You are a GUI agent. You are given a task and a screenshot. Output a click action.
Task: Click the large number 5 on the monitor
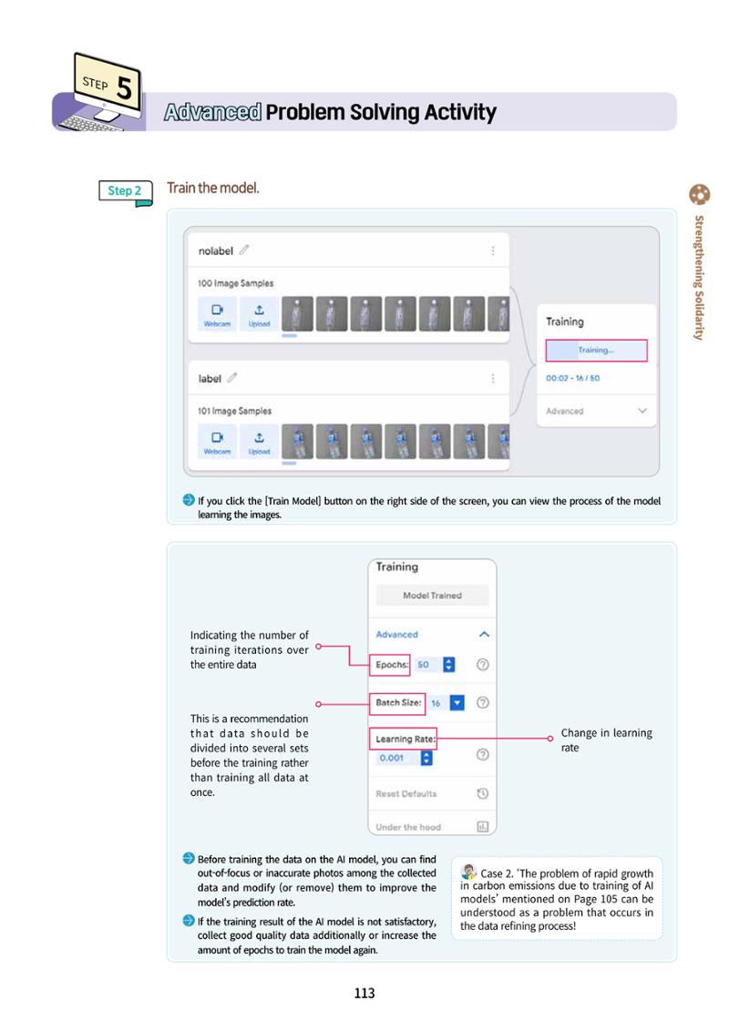[x=124, y=87]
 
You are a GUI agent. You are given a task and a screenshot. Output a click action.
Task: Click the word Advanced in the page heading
[x=212, y=112]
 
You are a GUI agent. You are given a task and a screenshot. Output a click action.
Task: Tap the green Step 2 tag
[x=125, y=191]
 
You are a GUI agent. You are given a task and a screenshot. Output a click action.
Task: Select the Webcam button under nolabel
[x=217, y=313]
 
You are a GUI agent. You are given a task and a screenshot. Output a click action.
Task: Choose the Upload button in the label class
[x=259, y=441]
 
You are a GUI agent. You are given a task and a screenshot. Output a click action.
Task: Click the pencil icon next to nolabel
[x=244, y=250]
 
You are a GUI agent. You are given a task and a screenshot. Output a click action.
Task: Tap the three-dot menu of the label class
[x=493, y=379]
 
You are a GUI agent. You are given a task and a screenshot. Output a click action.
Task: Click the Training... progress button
[x=596, y=351]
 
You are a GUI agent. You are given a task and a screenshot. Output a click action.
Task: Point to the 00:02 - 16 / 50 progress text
[x=572, y=378]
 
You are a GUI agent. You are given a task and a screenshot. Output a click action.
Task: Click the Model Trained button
[x=432, y=595]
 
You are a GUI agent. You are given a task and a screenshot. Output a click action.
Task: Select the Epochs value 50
[x=423, y=665]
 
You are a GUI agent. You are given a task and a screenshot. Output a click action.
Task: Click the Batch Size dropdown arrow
[x=457, y=703]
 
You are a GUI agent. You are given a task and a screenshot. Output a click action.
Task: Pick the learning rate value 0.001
[x=392, y=758]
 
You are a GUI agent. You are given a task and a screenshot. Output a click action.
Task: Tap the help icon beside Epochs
[x=482, y=665]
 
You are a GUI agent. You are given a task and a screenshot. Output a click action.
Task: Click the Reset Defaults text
[x=406, y=793]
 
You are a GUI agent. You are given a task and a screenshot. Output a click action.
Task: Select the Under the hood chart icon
[x=482, y=826]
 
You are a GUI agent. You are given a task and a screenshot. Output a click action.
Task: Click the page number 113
[x=364, y=993]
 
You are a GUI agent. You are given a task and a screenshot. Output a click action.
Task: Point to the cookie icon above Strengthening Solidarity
[x=700, y=195]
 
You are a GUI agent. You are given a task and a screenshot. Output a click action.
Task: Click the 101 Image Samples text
[x=234, y=411]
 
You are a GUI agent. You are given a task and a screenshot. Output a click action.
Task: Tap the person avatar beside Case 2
[x=469, y=873]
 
